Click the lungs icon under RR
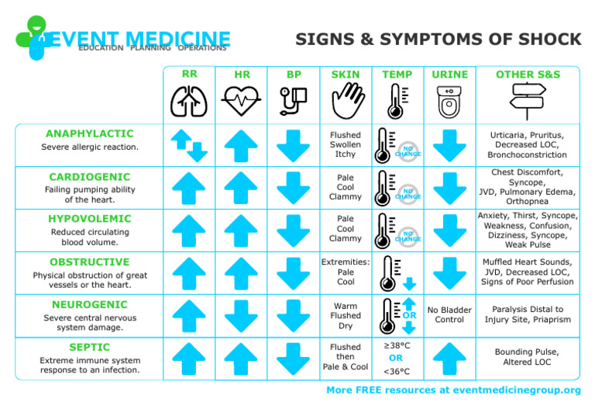[189, 101]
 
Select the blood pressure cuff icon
[294, 101]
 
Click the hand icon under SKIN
[346, 101]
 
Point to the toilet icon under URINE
[450, 101]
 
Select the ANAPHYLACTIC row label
[89, 133]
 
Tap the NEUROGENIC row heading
[89, 304]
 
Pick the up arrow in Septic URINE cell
[450, 359]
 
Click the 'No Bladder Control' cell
[450, 315]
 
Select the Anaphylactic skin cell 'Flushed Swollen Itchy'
[346, 144]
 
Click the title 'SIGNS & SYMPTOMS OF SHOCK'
[439, 40]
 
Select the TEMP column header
[397, 75]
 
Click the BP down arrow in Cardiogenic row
[294, 187]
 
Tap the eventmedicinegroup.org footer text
[454, 390]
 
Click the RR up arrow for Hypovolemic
[189, 230]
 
